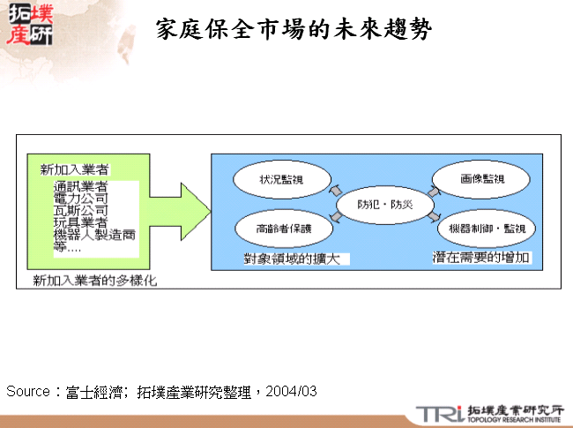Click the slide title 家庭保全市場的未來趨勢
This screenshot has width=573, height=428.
[x=294, y=31]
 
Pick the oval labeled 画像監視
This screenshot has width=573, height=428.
[x=482, y=178]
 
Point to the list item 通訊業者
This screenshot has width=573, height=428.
[x=81, y=187]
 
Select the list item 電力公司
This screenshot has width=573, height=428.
[x=81, y=199]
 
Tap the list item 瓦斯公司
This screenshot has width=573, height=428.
[x=81, y=211]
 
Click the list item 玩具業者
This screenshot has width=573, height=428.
[x=81, y=222]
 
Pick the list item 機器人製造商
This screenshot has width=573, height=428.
[x=94, y=235]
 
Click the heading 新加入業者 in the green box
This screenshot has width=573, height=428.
[x=75, y=168]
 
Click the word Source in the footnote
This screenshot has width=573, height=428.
[x=29, y=391]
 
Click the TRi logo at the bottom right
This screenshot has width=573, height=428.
[x=439, y=412]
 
